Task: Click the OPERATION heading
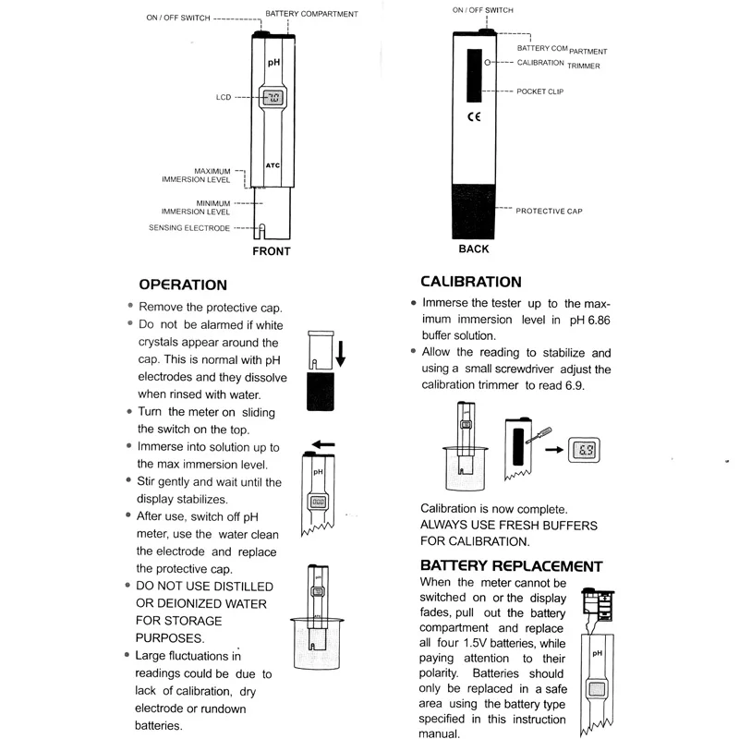tap(182, 285)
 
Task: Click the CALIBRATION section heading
tap(470, 282)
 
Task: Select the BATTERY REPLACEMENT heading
tap(511, 565)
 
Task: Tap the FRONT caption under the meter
tap(271, 251)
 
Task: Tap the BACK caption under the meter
tap(474, 248)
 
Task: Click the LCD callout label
tap(224, 96)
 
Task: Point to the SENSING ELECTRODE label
tap(189, 227)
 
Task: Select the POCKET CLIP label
tap(539, 91)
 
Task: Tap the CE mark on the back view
tap(474, 117)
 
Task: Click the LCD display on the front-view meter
tap(273, 97)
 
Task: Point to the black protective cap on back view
tap(474, 210)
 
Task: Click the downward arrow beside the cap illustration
tap(341, 352)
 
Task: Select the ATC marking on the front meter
tap(273, 165)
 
